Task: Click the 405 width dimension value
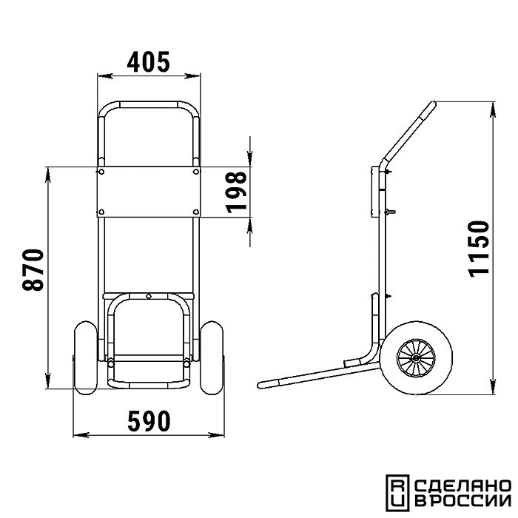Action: pyautogui.click(x=148, y=61)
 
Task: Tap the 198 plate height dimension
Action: pyautogui.click(x=237, y=192)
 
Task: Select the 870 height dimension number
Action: pyautogui.click(x=33, y=270)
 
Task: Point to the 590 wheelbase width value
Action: pyautogui.click(x=149, y=421)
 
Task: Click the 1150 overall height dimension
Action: pyautogui.click(x=479, y=249)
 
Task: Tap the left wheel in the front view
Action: pyautogui.click(x=86, y=357)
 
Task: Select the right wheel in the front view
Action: pyautogui.click(x=212, y=357)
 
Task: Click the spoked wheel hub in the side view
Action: pyautogui.click(x=416, y=357)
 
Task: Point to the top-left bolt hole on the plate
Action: pyautogui.click(x=101, y=172)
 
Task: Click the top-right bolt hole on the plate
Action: pyautogui.click(x=196, y=172)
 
